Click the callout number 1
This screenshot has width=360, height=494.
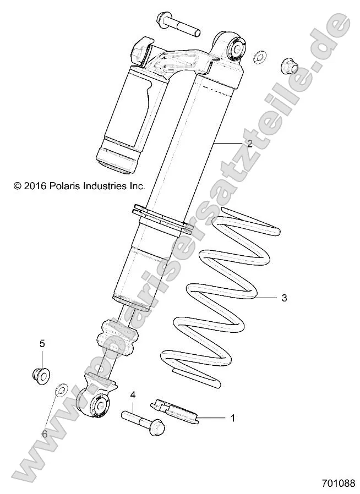pyautogui.click(x=232, y=418)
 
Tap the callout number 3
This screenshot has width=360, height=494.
pyautogui.click(x=284, y=298)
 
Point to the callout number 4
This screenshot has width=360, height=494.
pyautogui.click(x=133, y=395)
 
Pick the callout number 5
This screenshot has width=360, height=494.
pyautogui.click(x=42, y=343)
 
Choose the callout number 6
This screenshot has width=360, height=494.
pyautogui.click(x=45, y=434)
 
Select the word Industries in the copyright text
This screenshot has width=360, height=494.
pyautogui.click(x=100, y=186)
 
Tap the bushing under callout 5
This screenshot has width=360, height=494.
pyautogui.click(x=41, y=376)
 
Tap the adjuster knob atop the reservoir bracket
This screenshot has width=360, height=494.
pyautogui.click(x=141, y=50)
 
